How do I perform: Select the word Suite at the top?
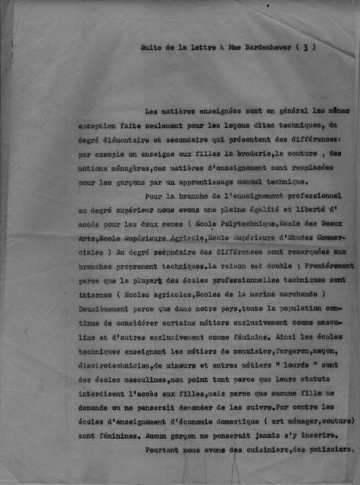(153, 48)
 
